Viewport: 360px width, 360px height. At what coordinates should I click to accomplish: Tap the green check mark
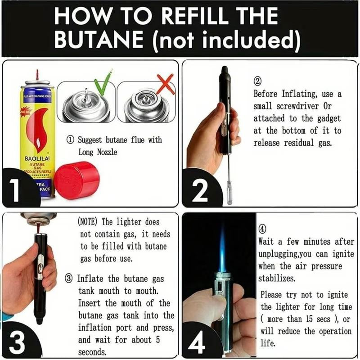[x=103, y=84]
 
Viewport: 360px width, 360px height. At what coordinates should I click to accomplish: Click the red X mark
[x=165, y=84]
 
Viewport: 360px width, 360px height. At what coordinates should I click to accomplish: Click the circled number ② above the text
[x=258, y=82]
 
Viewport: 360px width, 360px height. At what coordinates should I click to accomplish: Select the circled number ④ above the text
[x=264, y=229]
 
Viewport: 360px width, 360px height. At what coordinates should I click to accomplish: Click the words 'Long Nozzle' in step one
[x=98, y=152]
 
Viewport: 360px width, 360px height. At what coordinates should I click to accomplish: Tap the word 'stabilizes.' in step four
[x=277, y=278]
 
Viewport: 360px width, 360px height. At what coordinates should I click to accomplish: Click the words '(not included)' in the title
[x=225, y=40]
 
